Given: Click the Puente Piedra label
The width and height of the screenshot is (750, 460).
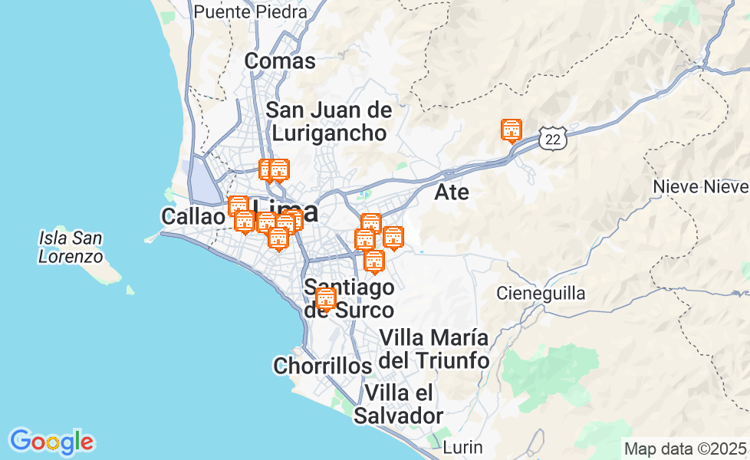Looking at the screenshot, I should [250, 12].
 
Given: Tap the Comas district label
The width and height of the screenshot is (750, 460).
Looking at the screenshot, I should [280, 61].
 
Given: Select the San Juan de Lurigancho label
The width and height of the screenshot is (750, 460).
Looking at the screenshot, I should [329, 121].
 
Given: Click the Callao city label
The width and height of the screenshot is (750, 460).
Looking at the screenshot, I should [192, 217].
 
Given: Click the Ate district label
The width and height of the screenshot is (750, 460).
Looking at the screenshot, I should [451, 192].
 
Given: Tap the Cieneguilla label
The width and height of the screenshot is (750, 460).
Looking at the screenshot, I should [541, 293].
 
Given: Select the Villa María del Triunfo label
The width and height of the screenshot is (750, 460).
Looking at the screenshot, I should [434, 348].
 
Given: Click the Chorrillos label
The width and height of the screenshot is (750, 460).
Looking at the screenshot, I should [322, 366].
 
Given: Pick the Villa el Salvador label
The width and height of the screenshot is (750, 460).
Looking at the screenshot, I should [399, 404].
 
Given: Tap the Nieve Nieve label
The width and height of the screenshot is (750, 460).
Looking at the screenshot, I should [700, 187].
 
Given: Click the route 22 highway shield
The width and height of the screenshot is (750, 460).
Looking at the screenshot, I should [553, 138].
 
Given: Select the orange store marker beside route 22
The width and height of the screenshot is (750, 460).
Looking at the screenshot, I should [511, 130].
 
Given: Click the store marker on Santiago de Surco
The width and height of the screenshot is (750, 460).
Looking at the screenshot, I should [326, 298].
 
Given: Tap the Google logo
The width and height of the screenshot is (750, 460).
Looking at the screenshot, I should [51, 442].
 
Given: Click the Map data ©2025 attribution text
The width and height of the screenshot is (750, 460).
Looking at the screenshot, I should [685, 449].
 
